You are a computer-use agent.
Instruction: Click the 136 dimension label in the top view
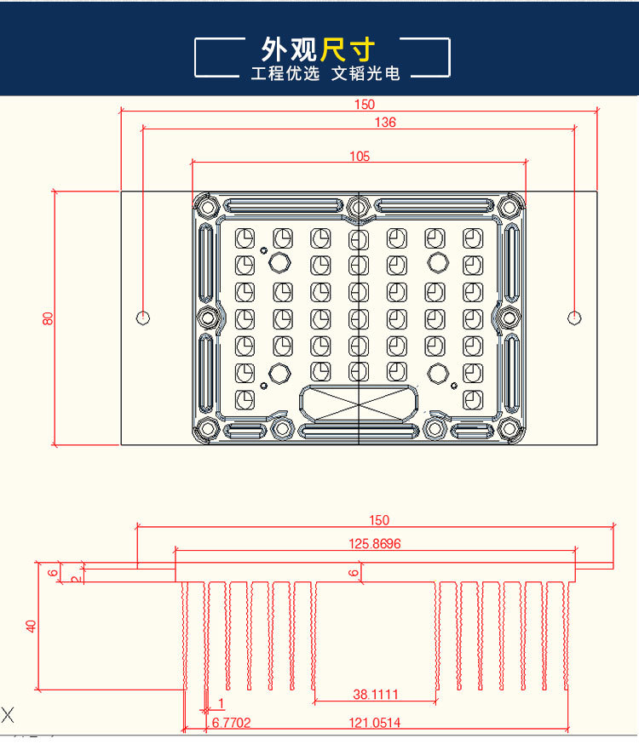pyautogui.click(x=385, y=123)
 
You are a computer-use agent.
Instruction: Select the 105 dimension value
pyautogui.click(x=360, y=156)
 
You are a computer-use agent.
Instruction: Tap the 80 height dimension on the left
pyautogui.click(x=48, y=318)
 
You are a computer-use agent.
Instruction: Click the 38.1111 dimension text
pyautogui.click(x=376, y=695)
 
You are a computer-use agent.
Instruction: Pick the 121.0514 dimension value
pyautogui.click(x=376, y=723)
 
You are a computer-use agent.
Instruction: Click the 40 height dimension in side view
pyautogui.click(x=32, y=626)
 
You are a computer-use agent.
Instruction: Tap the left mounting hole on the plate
pyautogui.click(x=143, y=318)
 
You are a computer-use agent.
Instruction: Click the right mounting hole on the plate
pyautogui.click(x=575, y=318)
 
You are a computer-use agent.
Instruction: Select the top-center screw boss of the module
pyautogui.click(x=358, y=205)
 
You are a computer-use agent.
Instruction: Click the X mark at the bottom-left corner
pyautogui.click(x=8, y=714)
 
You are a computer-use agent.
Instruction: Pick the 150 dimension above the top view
pyautogui.click(x=364, y=105)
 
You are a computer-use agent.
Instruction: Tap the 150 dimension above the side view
pyautogui.click(x=379, y=520)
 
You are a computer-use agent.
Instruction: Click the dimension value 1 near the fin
pyautogui.click(x=222, y=703)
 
